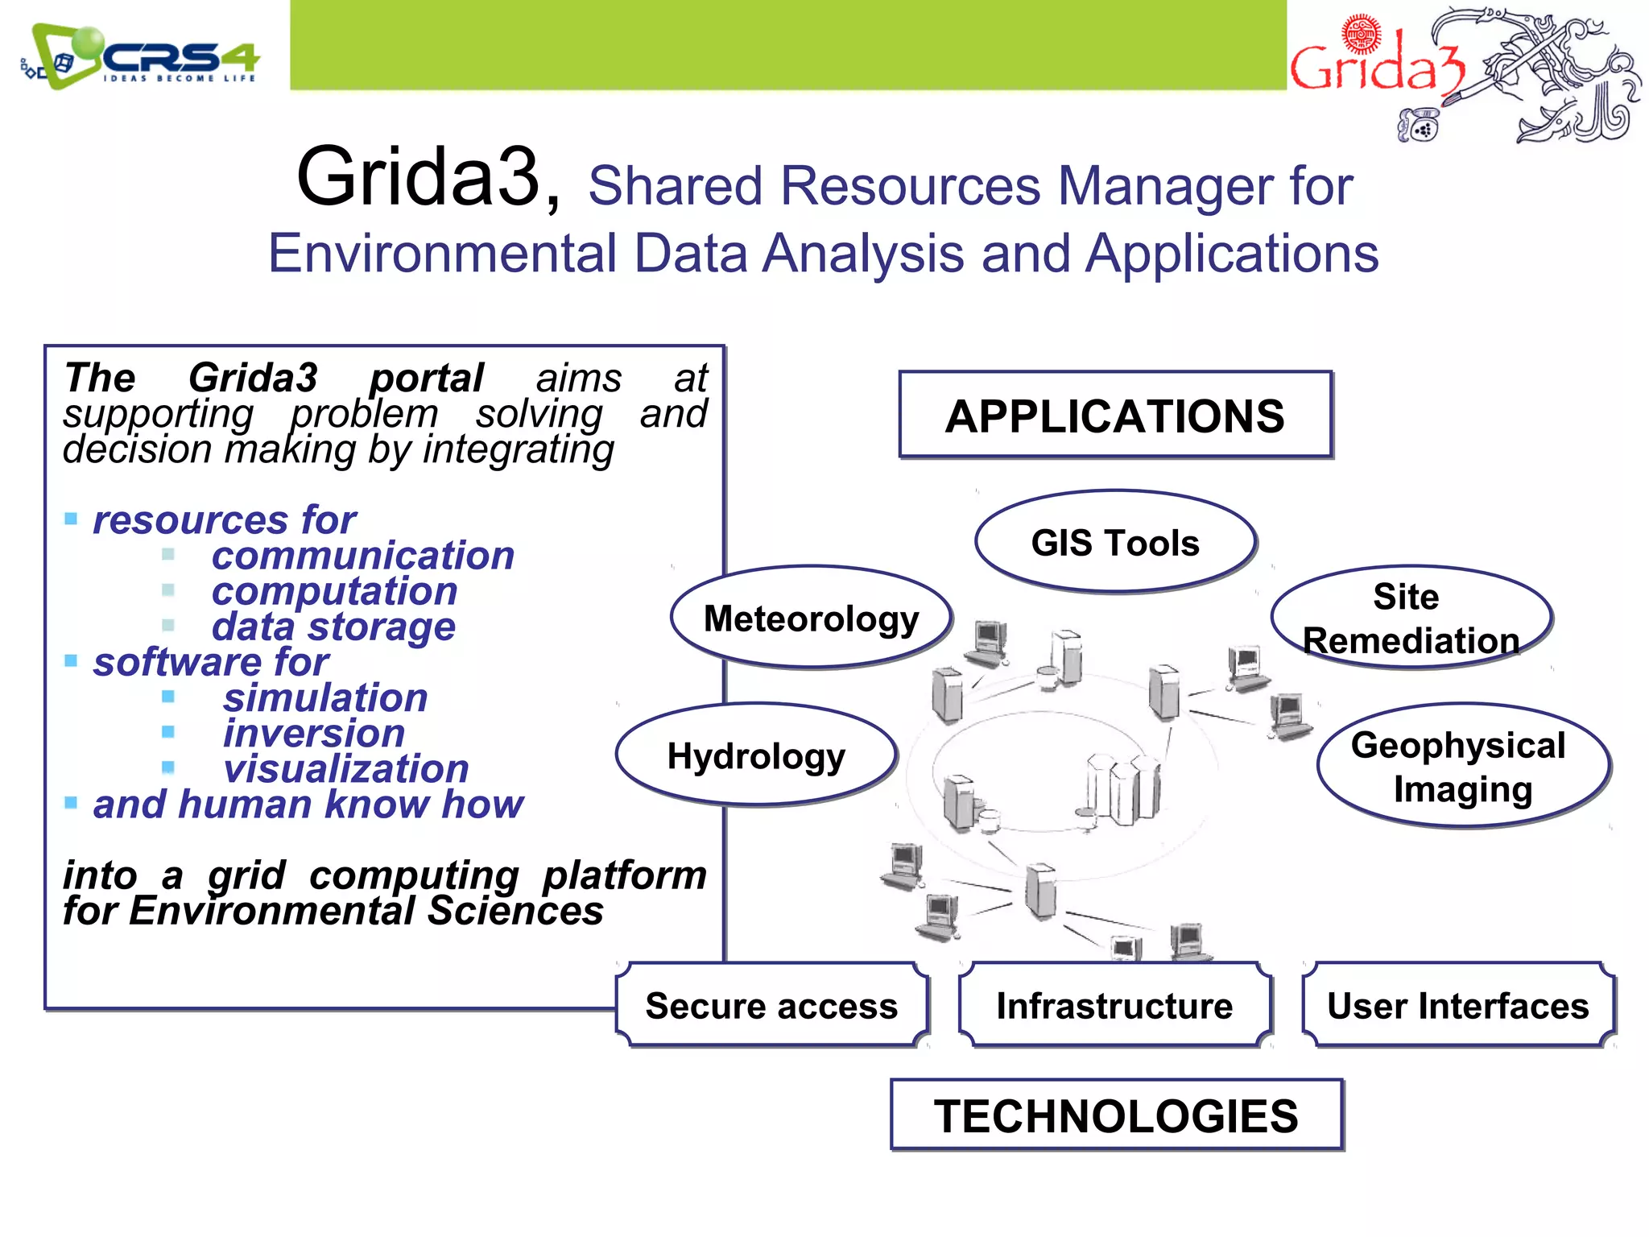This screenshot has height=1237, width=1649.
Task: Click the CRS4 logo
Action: (141, 56)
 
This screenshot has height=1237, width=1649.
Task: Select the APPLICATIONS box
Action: (1115, 416)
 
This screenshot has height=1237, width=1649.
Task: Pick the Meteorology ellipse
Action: (811, 618)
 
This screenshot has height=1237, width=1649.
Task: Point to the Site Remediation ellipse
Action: (1411, 618)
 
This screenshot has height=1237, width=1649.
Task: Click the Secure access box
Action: (771, 1006)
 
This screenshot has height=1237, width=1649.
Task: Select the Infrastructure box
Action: (1115, 1006)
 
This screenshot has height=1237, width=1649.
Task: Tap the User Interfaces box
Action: (1458, 1006)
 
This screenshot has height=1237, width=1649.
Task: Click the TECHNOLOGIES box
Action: (1116, 1115)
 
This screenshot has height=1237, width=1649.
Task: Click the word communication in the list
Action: (362, 556)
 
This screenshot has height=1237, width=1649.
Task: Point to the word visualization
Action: (345, 769)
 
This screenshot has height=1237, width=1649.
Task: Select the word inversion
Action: (313, 734)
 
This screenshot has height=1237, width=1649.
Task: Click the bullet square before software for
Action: (71, 661)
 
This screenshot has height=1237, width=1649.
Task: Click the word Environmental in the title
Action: (442, 254)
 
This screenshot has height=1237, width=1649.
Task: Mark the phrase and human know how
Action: (308, 805)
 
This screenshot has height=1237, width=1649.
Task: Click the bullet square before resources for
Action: (71, 519)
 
